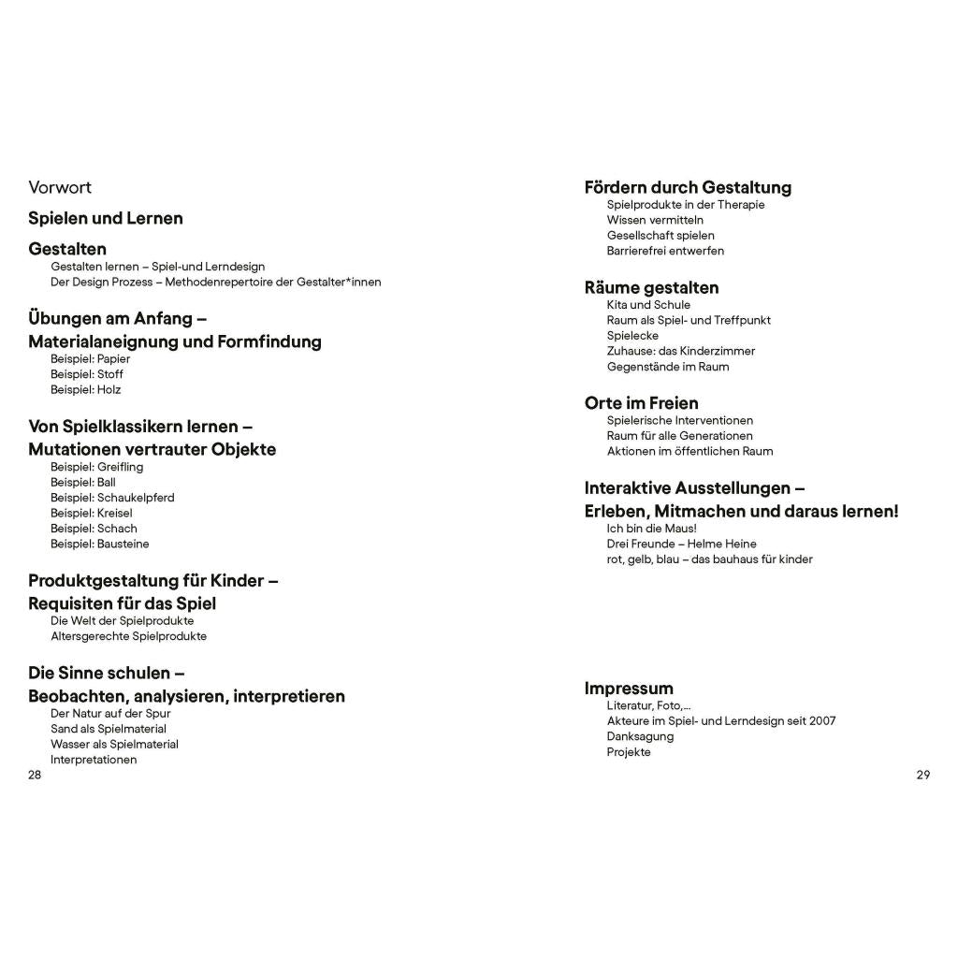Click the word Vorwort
click(x=60, y=187)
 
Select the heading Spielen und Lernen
click(x=106, y=218)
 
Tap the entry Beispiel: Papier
click(x=90, y=358)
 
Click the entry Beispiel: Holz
click(x=85, y=389)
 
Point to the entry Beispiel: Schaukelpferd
click(x=112, y=498)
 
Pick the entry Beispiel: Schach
click(x=94, y=529)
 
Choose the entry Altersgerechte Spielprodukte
click(x=128, y=636)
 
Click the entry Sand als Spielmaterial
click(x=108, y=729)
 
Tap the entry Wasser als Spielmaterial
click(x=114, y=744)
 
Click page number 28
click(x=35, y=775)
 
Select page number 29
click(x=923, y=775)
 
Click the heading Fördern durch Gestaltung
click(x=688, y=187)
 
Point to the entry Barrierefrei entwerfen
click(x=665, y=251)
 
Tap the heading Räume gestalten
click(x=651, y=287)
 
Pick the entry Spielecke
click(x=632, y=335)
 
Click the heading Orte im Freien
click(x=641, y=403)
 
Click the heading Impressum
click(x=629, y=689)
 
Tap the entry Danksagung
click(x=640, y=736)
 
